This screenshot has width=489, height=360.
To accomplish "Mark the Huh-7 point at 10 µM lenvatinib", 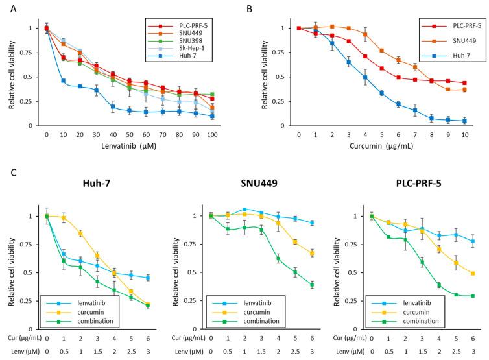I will coord(64,80).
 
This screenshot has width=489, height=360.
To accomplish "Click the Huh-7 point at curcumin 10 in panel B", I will coord(464,121).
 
